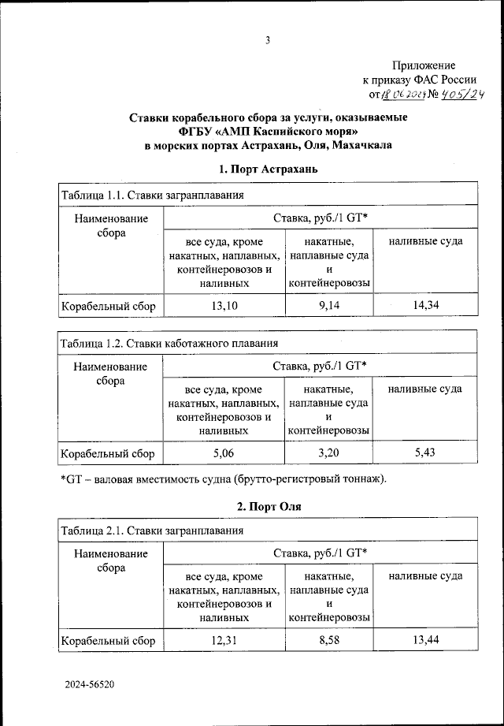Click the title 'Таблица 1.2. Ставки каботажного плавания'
(168, 344)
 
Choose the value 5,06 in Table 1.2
(224, 452)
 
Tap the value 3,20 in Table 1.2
(329, 452)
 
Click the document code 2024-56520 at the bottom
(90, 685)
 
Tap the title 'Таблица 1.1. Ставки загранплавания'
(152, 195)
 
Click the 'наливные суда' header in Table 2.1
(425, 576)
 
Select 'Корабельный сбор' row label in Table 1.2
(109, 452)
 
